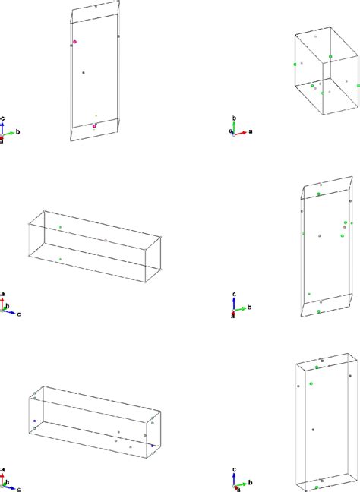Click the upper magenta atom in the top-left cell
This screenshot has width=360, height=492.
[75, 42]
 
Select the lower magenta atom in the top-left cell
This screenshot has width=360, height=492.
[95, 126]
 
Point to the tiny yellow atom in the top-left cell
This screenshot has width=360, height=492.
[96, 116]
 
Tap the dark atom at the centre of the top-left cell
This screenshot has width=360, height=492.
[84, 72]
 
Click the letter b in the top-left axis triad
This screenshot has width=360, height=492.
[17, 131]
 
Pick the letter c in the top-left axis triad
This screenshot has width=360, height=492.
[5, 118]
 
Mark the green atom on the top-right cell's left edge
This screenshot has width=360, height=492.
[295, 65]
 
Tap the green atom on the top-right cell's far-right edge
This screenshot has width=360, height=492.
[347, 83]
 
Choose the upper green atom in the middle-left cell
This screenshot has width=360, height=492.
[60, 227]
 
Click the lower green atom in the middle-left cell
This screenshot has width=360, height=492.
[60, 260]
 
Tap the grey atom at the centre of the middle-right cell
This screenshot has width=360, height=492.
[321, 236]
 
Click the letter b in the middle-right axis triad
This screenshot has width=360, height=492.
[250, 309]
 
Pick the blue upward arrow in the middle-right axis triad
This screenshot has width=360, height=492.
[235, 303]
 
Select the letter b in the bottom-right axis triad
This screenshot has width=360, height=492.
[250, 480]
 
